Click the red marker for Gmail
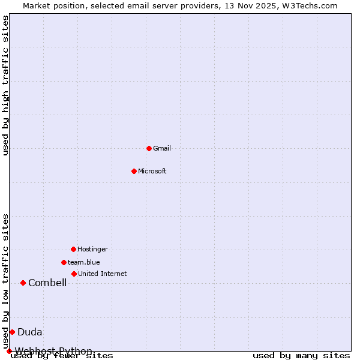point(149,148)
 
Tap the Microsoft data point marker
point(134,171)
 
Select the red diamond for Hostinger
point(73,249)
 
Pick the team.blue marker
point(64,262)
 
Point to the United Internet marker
point(74,274)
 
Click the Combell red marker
point(23,283)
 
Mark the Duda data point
point(12,332)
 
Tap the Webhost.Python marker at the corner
point(9,351)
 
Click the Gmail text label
point(162,148)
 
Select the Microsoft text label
point(152,171)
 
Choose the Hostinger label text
point(92,249)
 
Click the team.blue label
point(84,262)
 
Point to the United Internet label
point(103,274)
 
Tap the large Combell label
point(47,283)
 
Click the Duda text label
point(30,332)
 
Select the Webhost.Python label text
point(53,351)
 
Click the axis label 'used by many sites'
point(301,356)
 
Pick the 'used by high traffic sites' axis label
point(5,85)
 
